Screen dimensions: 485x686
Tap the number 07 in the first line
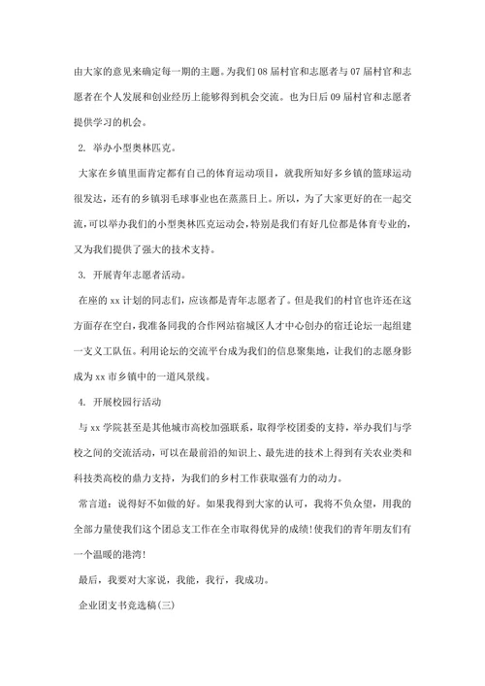click(x=355, y=72)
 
